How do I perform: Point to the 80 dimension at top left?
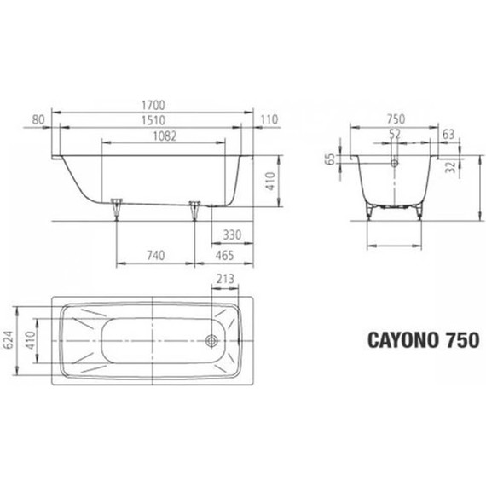(x=38, y=120)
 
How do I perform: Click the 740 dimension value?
(x=154, y=255)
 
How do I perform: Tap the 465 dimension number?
(x=224, y=255)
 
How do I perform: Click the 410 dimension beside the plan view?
(x=31, y=341)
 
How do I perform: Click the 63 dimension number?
(x=449, y=135)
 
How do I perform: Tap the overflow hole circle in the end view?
(x=394, y=161)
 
